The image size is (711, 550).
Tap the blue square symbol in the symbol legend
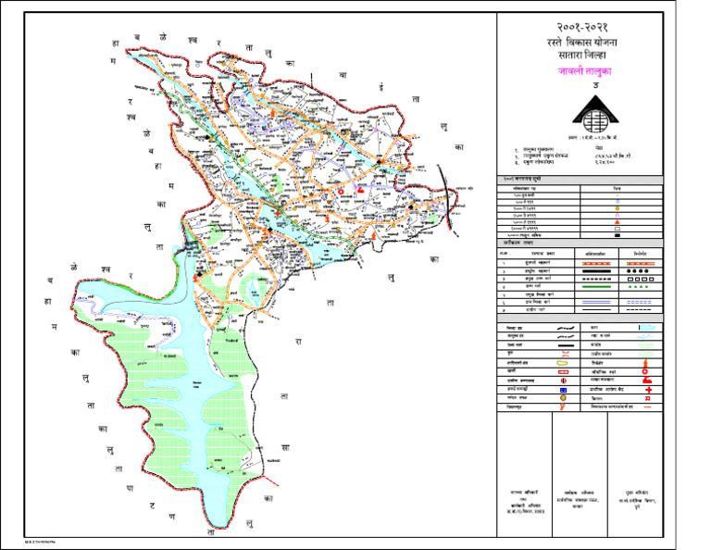coord(563,391)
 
